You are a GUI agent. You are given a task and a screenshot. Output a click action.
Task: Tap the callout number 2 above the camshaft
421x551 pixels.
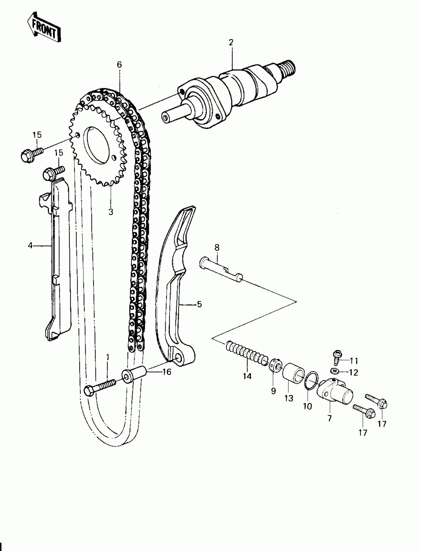231,43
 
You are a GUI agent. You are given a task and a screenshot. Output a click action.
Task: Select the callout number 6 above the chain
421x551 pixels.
119,65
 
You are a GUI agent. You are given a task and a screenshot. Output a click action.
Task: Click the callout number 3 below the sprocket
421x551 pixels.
110,212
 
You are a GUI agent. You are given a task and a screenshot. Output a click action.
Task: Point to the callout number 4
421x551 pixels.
30,246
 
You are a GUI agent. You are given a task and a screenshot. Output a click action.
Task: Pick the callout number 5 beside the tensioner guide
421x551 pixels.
199,304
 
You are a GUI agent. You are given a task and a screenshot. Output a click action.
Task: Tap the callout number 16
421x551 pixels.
167,372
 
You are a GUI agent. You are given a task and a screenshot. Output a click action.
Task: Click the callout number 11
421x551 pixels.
354,361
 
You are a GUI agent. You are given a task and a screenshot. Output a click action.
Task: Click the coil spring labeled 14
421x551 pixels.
247,352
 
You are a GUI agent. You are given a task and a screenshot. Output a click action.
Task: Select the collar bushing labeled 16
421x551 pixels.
134,373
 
